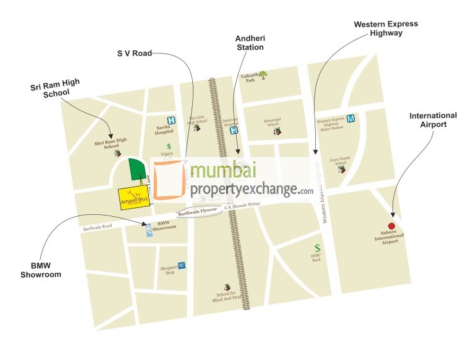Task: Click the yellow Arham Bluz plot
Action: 133,197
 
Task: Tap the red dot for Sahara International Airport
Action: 391,226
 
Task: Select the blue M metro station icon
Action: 351,118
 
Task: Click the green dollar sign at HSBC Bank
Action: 318,248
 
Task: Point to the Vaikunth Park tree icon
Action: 263,75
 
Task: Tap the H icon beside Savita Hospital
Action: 170,120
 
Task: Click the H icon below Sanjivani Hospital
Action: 234,131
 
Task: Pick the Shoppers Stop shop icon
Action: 181,266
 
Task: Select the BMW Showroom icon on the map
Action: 149,231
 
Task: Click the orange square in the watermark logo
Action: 169,179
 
